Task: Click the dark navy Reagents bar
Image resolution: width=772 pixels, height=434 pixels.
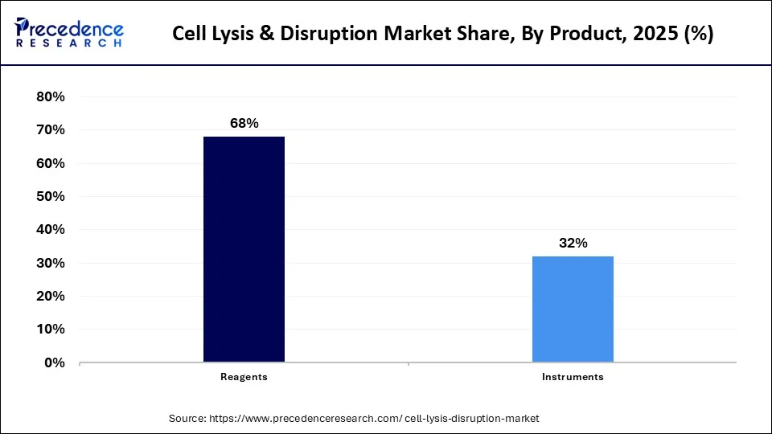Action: click(244, 249)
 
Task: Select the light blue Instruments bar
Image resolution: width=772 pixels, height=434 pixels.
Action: click(573, 309)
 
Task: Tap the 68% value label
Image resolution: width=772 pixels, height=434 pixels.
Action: click(244, 123)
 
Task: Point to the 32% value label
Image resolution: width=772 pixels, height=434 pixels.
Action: click(573, 243)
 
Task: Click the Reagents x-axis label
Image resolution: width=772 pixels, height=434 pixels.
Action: click(244, 376)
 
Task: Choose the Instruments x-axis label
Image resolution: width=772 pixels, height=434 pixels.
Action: click(573, 376)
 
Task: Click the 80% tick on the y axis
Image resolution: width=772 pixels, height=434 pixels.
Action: click(50, 96)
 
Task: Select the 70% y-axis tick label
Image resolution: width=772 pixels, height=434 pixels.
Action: click(50, 130)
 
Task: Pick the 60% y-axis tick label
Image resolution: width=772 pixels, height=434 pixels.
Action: click(50, 163)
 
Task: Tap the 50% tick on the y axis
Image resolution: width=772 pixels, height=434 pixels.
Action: click(50, 196)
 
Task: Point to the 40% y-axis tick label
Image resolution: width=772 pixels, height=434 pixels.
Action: click(50, 230)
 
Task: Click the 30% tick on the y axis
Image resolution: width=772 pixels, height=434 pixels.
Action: click(50, 263)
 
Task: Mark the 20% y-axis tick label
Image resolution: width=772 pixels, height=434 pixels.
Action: click(50, 297)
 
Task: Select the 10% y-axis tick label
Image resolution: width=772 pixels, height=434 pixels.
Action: click(50, 330)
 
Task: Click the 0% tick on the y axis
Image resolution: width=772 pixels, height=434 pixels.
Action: click(54, 363)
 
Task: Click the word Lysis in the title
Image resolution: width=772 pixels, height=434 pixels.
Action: click(247, 35)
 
